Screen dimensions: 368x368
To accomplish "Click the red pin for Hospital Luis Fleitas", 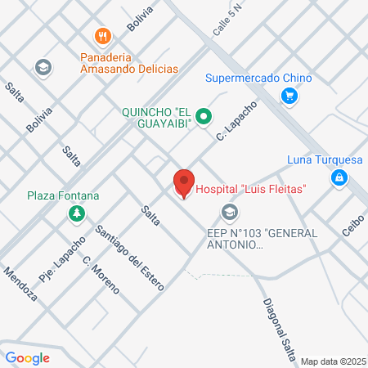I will point(184,182).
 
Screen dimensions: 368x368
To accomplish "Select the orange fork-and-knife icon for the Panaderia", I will point(102,37).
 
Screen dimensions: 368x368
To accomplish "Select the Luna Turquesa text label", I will point(325,159).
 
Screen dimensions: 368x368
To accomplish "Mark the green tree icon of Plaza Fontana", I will point(75,214).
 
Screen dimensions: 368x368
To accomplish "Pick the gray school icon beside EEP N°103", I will point(230,214).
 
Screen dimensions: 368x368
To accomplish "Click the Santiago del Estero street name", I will point(130,258).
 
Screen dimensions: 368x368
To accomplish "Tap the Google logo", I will point(28,357).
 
